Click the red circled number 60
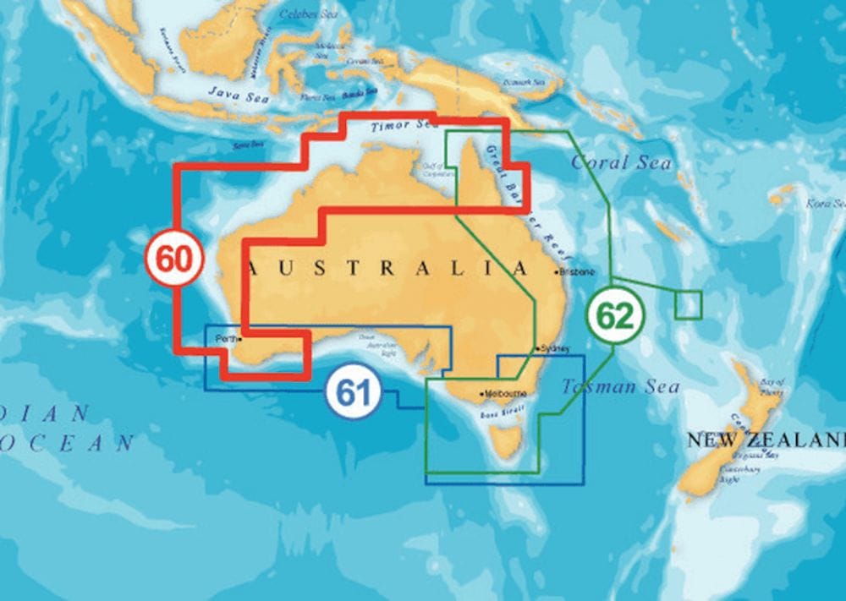[174, 260]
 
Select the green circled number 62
[615, 315]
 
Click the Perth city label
[226, 339]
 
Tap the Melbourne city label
[506, 394]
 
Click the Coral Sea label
[622, 162]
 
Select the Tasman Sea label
[621, 387]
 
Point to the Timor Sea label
[402, 126]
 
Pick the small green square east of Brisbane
[689, 304]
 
